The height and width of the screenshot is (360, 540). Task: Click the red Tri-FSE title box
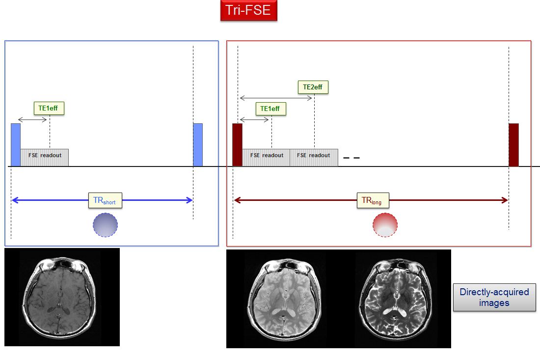click(249, 10)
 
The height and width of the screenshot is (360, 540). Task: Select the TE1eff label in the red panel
click(270, 109)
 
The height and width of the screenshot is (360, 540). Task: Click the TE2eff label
click(313, 87)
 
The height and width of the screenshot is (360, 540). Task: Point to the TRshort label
click(105, 200)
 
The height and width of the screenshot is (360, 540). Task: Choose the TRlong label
click(373, 200)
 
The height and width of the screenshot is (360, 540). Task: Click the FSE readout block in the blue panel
click(44, 157)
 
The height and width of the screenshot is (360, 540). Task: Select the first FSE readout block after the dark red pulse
click(266, 157)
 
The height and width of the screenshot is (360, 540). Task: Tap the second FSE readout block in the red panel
click(314, 157)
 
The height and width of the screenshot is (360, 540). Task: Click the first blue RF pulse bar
click(16, 145)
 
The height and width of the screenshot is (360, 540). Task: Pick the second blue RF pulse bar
click(198, 145)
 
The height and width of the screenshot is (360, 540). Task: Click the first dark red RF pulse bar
click(237, 145)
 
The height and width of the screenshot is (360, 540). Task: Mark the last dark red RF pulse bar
click(513, 145)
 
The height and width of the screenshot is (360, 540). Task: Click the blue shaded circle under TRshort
click(105, 225)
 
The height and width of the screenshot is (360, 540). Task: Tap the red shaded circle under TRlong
click(385, 225)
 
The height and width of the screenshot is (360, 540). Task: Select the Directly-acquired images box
click(494, 297)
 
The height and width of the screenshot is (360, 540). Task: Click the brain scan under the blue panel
click(62, 297)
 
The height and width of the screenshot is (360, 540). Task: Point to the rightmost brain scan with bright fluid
click(395, 299)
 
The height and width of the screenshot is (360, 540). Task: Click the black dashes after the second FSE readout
click(351, 158)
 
